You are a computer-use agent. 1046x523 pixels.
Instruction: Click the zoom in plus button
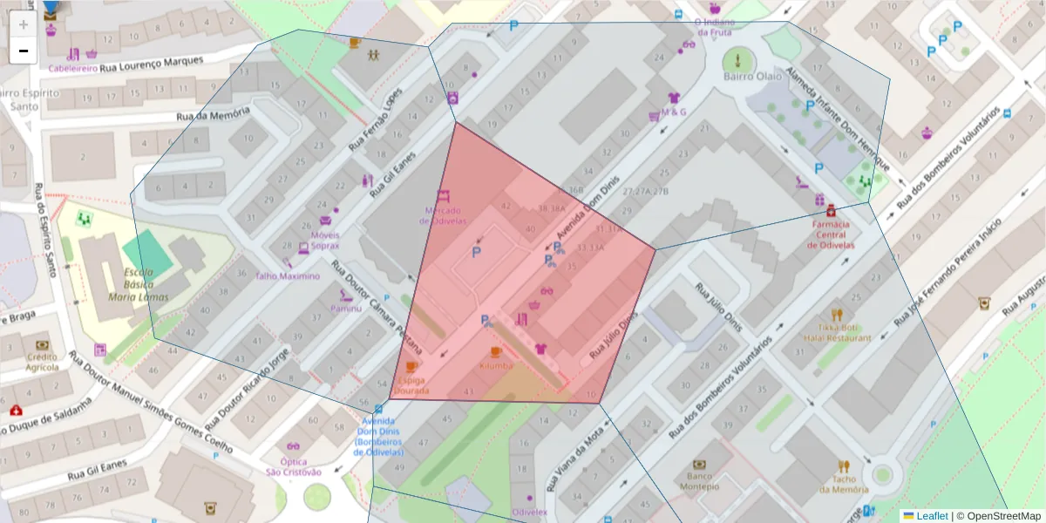pyautogui.click(x=23, y=24)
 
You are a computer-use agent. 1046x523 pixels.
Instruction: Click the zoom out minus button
pyautogui.click(x=23, y=51)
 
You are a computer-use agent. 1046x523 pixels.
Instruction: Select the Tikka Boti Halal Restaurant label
pyautogui.click(x=838, y=332)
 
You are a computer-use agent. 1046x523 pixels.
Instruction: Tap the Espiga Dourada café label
pyautogui.click(x=411, y=385)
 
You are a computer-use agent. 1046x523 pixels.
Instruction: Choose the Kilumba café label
pyautogui.click(x=496, y=366)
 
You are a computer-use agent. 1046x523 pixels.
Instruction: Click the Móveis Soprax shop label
pyautogui.click(x=324, y=240)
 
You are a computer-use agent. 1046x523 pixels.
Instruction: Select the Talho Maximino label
pyautogui.click(x=287, y=275)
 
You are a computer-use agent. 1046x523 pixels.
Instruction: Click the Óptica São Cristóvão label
pyautogui.click(x=294, y=466)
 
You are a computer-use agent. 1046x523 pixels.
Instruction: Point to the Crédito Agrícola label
pyautogui.click(x=42, y=362)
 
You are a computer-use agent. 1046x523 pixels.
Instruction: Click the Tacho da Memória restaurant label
pyautogui.click(x=843, y=484)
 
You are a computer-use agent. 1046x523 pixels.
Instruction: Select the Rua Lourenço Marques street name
pyautogui.click(x=152, y=65)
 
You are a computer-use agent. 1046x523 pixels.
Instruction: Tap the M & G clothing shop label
pyautogui.click(x=673, y=112)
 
